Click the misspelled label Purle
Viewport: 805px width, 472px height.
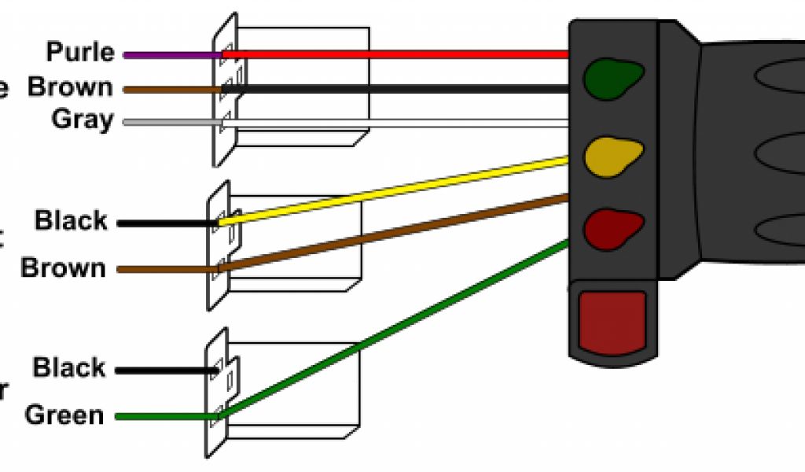click(x=80, y=53)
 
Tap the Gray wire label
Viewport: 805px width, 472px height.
click(x=83, y=120)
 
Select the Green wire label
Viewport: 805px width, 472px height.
click(x=64, y=415)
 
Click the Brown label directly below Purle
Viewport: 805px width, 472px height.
click(x=70, y=87)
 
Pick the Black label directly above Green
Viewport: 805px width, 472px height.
click(x=69, y=367)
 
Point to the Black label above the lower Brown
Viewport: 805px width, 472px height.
click(x=71, y=220)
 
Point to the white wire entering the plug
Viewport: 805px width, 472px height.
click(x=393, y=123)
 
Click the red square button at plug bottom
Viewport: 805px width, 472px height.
click(x=612, y=321)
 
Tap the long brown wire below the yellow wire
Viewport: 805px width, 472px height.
click(x=393, y=234)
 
